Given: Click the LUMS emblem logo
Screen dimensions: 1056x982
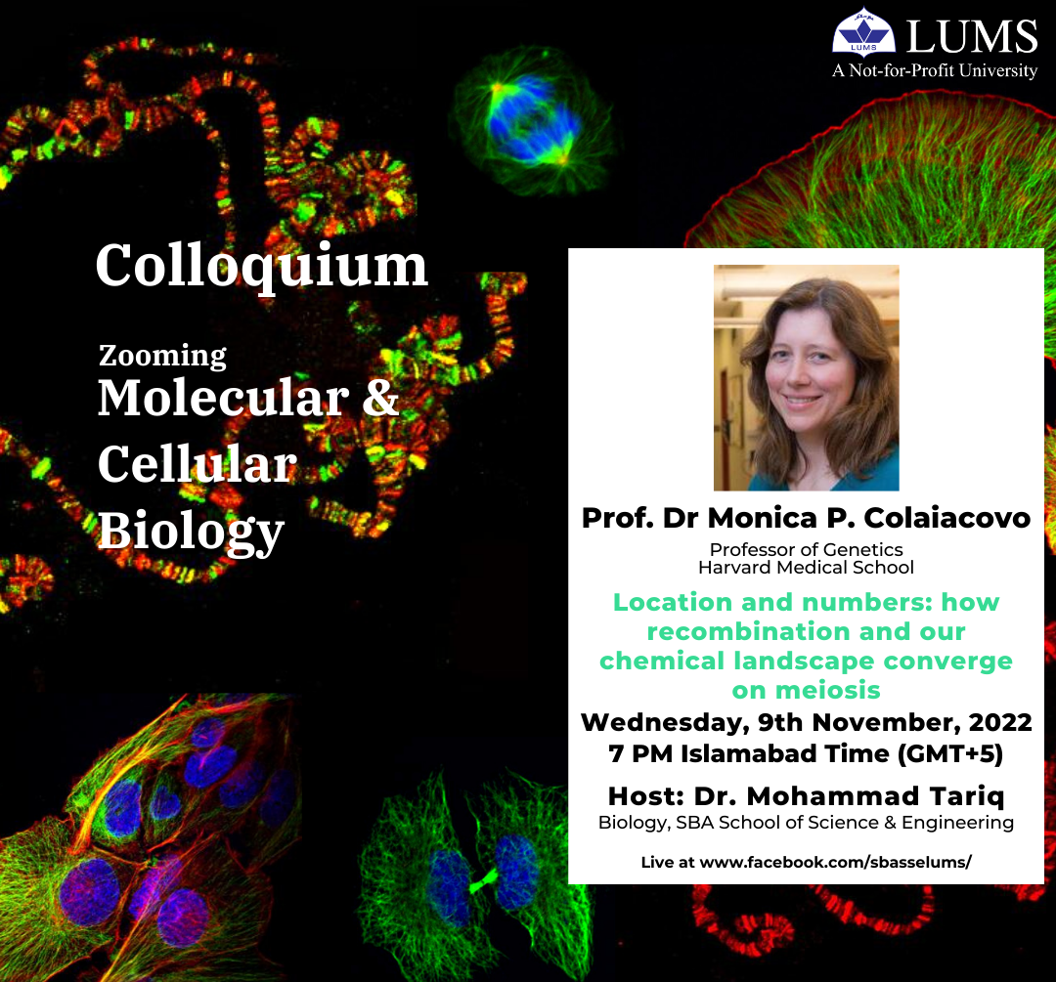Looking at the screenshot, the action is click(x=863, y=31).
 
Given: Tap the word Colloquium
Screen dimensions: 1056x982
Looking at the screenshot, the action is click(x=261, y=266).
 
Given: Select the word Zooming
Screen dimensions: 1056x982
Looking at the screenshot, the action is click(x=162, y=356).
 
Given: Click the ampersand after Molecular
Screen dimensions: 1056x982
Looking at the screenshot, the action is click(x=380, y=397).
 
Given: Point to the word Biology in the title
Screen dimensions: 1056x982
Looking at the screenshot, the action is click(x=192, y=532).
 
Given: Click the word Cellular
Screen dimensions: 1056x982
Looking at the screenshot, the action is click(x=198, y=464).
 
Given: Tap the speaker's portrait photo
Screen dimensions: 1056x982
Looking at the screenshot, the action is click(x=806, y=377).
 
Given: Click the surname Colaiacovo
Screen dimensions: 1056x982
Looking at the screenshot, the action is click(x=946, y=518).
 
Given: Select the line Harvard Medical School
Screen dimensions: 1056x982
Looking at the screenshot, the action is click(x=806, y=568).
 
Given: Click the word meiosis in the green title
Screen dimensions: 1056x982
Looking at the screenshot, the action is click(x=828, y=690).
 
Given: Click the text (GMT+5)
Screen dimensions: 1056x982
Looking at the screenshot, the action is click(x=950, y=753).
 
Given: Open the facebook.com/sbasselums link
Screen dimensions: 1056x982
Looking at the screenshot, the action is click(x=836, y=862).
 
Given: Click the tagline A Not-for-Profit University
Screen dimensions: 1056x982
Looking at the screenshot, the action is click(x=935, y=70).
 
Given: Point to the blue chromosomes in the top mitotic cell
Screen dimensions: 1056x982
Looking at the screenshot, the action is click(x=532, y=120).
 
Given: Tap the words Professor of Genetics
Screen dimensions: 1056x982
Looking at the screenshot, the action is click(x=806, y=550).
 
